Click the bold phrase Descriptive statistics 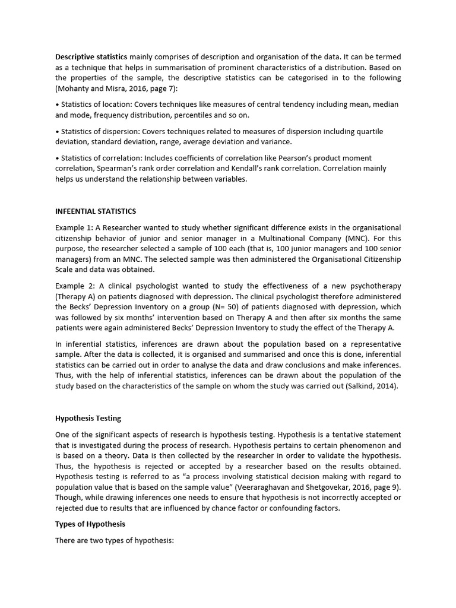click(x=91, y=57)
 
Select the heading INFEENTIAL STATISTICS click(x=96, y=211)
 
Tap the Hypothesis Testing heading click(x=88, y=419)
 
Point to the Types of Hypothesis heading click(x=90, y=524)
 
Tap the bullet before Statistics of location click(x=57, y=104)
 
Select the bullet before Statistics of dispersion click(x=57, y=131)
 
